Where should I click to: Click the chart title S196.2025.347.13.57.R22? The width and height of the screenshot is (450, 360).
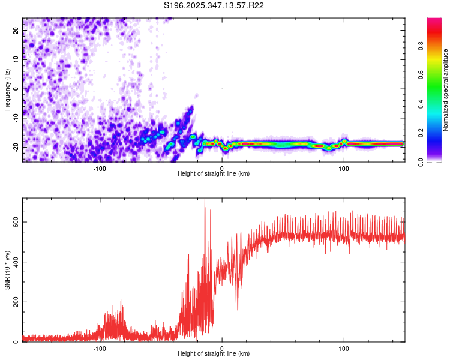coord(214,5)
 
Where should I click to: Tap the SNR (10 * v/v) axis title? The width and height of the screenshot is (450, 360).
coord(7,271)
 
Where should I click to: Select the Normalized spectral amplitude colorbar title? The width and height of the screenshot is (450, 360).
coord(446,90)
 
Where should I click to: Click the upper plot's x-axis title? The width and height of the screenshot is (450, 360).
coord(214,173)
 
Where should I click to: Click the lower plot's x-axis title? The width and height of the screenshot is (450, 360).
coord(214,353)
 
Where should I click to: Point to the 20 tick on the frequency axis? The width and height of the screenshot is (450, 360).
coord(16,31)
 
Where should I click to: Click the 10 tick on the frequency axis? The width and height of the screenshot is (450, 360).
coord(16,60)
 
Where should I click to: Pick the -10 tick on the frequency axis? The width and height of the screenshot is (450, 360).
coord(16,118)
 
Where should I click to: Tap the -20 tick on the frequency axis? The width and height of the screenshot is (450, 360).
coord(16,146)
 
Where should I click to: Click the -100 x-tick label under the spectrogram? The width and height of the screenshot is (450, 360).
coord(100,168)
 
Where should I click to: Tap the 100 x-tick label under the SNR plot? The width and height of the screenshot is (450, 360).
coord(344,348)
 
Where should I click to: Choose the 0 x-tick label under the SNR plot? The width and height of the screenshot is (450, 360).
coord(222,348)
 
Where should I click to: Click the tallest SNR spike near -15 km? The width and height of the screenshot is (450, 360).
coord(205,202)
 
